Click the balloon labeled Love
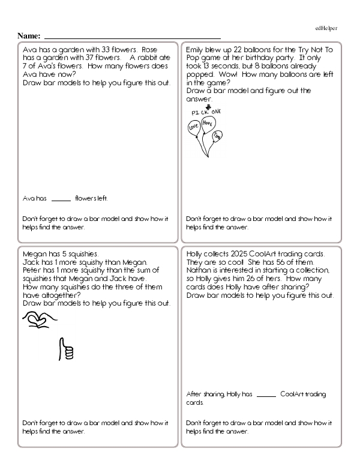click(x=194, y=127)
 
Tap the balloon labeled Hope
click(x=208, y=123)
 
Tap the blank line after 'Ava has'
click(x=61, y=198)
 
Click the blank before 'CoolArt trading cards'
click(x=266, y=395)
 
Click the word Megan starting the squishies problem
click(x=34, y=253)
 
